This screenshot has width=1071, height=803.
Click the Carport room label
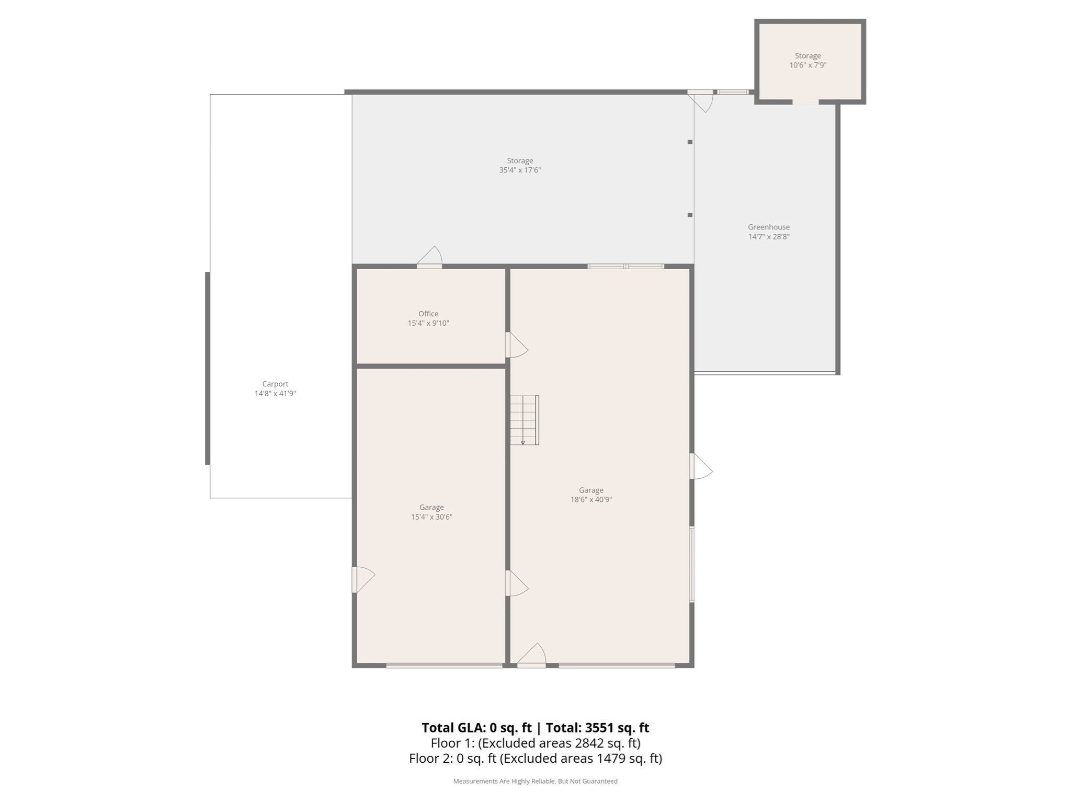275,384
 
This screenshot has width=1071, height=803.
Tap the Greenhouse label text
768,227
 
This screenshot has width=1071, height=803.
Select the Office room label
428,314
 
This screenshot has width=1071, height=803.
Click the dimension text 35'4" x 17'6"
519,170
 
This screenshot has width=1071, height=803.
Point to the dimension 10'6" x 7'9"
807,65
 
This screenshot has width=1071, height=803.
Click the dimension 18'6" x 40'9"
591,500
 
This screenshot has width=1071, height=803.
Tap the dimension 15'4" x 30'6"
431,517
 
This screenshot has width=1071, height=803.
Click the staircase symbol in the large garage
524,420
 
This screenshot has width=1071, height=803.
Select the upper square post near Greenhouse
690,142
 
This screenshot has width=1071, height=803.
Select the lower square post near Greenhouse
690,215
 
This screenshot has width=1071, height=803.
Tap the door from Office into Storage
430,259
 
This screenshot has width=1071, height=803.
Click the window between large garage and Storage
625,267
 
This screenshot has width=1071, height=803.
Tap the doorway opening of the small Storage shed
805,102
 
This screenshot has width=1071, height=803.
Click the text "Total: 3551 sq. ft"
597,728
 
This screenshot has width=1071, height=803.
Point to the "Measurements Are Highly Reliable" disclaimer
535,781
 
